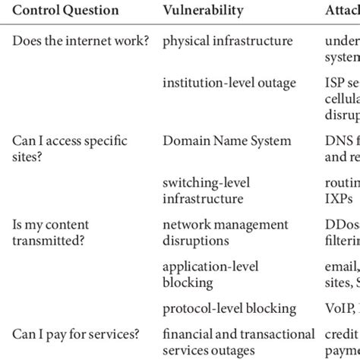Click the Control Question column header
pyautogui.click(x=66, y=11)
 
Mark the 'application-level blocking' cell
pyautogui.click(x=210, y=274)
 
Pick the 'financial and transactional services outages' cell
pyautogui.click(x=238, y=343)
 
